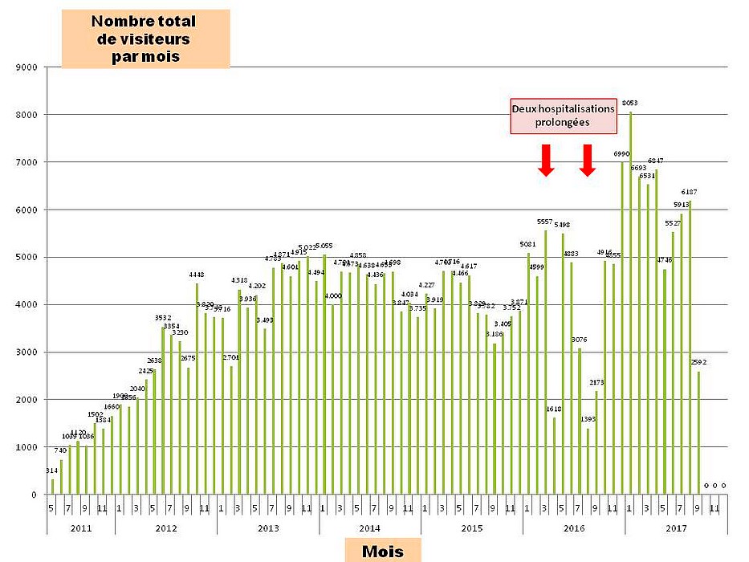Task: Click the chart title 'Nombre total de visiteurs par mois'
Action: [145, 39]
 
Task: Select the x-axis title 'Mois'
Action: [382, 551]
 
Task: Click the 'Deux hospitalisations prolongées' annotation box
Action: [564, 116]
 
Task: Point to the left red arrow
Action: [547, 160]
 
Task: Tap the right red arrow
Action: [588, 160]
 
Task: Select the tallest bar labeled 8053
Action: [631, 305]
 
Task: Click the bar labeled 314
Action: [53, 487]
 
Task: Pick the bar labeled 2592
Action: [698, 434]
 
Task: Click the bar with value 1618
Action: [555, 456]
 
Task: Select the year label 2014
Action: [369, 527]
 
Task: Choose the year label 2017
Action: [676, 527]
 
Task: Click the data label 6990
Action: [621, 153]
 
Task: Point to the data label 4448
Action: [197, 275]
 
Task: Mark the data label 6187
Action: [690, 192]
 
